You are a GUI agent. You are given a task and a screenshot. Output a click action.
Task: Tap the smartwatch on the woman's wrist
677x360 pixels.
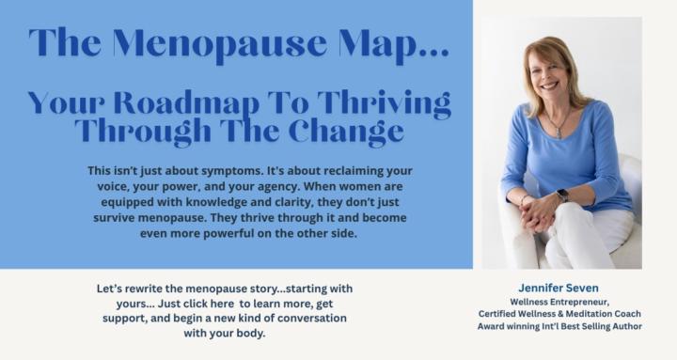tap(562, 196)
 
